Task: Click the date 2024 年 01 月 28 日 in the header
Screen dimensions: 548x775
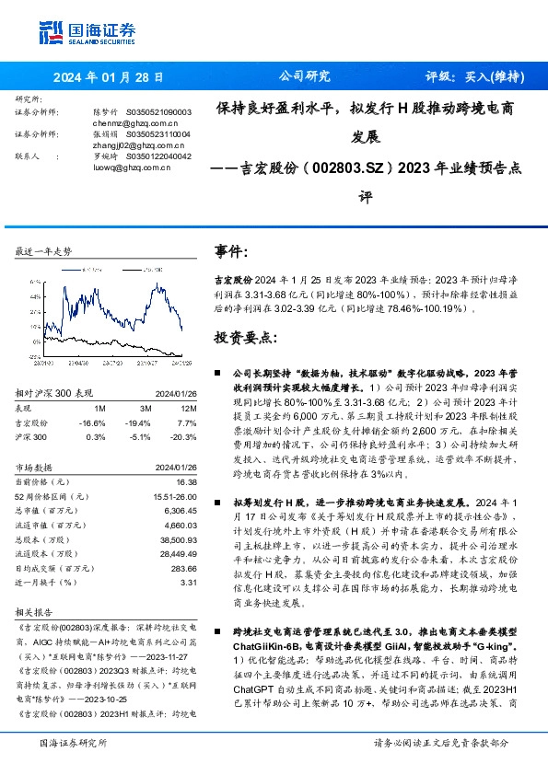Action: pos(109,77)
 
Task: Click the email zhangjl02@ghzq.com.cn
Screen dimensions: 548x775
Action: pos(134,145)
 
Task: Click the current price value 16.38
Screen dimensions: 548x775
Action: pos(185,480)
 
